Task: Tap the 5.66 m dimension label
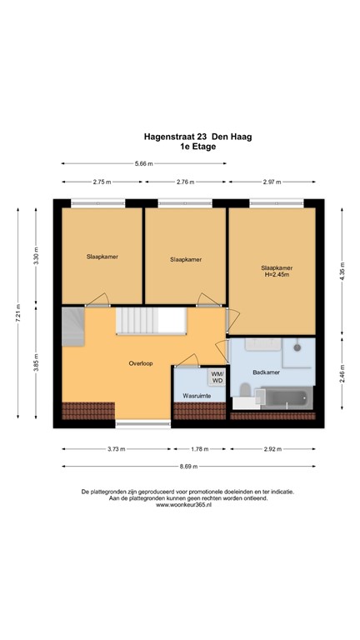[143, 164]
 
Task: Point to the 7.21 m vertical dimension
[17, 317]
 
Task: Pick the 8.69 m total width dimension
[189, 466]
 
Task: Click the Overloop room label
[140, 364]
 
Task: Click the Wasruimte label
[192, 396]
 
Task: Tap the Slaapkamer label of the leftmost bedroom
[102, 257]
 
